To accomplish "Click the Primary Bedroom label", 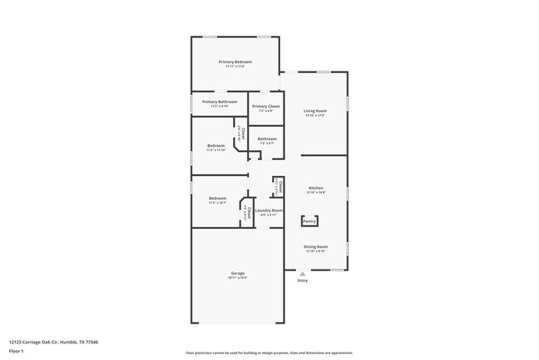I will (x=236, y=62).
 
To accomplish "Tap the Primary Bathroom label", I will (x=219, y=102).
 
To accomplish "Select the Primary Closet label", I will (x=265, y=107).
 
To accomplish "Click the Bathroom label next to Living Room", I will (x=267, y=139).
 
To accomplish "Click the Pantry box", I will (x=309, y=221).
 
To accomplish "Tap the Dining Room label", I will (x=316, y=246).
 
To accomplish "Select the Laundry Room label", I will (x=269, y=211).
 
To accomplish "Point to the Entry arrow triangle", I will (x=303, y=273).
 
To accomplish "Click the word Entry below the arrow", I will (x=303, y=280).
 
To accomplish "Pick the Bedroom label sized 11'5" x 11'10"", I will (x=216, y=146).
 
